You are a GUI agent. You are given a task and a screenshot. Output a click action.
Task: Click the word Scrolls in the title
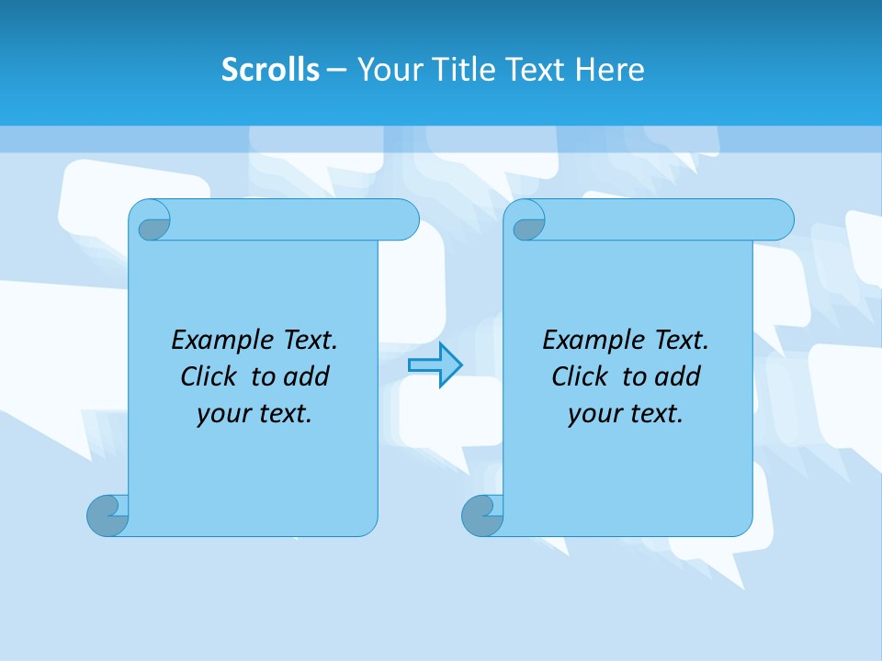coord(270,70)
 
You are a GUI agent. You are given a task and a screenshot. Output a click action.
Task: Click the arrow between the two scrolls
coord(435,364)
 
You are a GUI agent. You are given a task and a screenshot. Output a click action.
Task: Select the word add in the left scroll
coord(308,376)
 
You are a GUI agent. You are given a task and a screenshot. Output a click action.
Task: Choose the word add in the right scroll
coord(679,376)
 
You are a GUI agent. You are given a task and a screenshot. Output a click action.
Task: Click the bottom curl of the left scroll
coord(107,515)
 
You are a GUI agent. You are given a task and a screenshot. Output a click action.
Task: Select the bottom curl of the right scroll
coord(481,515)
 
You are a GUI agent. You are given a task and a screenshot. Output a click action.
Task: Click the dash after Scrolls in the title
coord(337,70)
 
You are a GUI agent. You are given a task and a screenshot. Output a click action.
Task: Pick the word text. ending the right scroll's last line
coord(654,414)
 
